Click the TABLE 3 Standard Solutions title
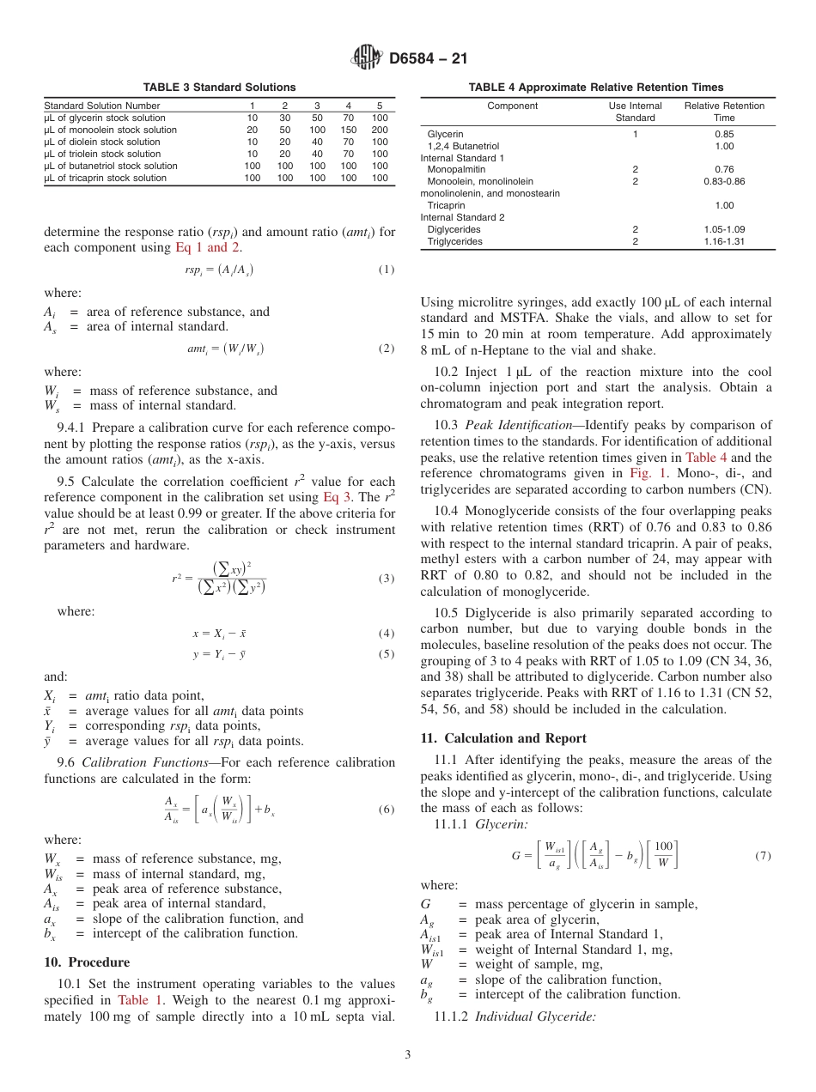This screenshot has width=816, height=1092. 219,88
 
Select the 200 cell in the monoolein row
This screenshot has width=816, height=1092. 380,130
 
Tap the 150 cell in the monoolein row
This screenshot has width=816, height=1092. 349,130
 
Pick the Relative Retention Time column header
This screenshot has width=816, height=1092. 724,112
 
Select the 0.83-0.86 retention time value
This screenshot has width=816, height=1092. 724,181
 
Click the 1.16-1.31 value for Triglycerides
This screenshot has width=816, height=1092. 724,241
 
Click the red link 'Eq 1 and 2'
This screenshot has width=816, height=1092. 208,247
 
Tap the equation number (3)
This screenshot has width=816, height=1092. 387,579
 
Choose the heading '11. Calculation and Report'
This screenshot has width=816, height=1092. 503,738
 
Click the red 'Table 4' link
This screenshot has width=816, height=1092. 706,458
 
